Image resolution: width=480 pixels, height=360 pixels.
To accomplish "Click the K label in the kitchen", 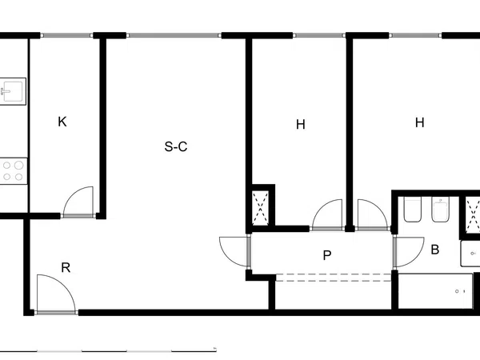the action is pos(62,122).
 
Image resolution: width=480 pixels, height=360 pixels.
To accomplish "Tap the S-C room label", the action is pos(176,146).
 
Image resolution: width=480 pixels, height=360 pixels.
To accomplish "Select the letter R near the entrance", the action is pos(66,267).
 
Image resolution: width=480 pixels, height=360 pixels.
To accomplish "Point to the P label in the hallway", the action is pos(327,255).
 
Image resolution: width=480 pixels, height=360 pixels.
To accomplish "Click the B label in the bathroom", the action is pos(435,250).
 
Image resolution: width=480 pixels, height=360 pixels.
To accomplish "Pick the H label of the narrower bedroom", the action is pos(301,125).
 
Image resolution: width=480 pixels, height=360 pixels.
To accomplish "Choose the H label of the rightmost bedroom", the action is pos(420,122).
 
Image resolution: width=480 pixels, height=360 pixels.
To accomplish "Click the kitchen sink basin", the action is pos(13,91).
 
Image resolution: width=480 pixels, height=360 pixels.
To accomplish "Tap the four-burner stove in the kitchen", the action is pos(14,171).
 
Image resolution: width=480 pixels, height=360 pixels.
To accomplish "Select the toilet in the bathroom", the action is pos(412,209).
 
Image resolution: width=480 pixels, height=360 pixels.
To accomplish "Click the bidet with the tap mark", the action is pos(440,209).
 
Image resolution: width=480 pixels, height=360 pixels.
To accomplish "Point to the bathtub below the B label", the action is pos(435,291).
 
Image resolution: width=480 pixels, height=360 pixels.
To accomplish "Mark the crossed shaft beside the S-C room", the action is pos(261,208).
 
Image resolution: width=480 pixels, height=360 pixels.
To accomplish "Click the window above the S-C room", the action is pos(174,35).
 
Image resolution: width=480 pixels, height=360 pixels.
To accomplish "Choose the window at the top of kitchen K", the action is pos(66,35).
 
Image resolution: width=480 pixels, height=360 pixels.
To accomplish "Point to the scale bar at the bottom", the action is pos(108,351).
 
